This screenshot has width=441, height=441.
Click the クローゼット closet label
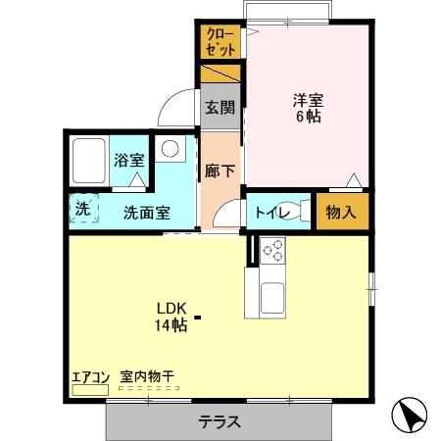tap(220, 42)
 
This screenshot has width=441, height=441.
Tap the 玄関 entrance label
tap(220, 108)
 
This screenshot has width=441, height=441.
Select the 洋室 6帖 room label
tap(308, 107)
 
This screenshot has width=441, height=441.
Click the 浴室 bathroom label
tap(127, 161)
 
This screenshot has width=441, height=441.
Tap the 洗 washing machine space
tap(83, 209)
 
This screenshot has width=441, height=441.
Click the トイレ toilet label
tap(270, 211)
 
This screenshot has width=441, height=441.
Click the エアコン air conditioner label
tap(90, 375)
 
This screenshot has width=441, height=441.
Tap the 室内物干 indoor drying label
tap(146, 375)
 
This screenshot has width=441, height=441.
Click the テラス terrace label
tap(220, 422)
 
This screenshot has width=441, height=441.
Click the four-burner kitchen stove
tap(270, 251)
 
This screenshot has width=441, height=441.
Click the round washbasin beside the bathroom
tap(170, 149)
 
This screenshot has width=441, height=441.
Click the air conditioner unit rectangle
tap(91, 389)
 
